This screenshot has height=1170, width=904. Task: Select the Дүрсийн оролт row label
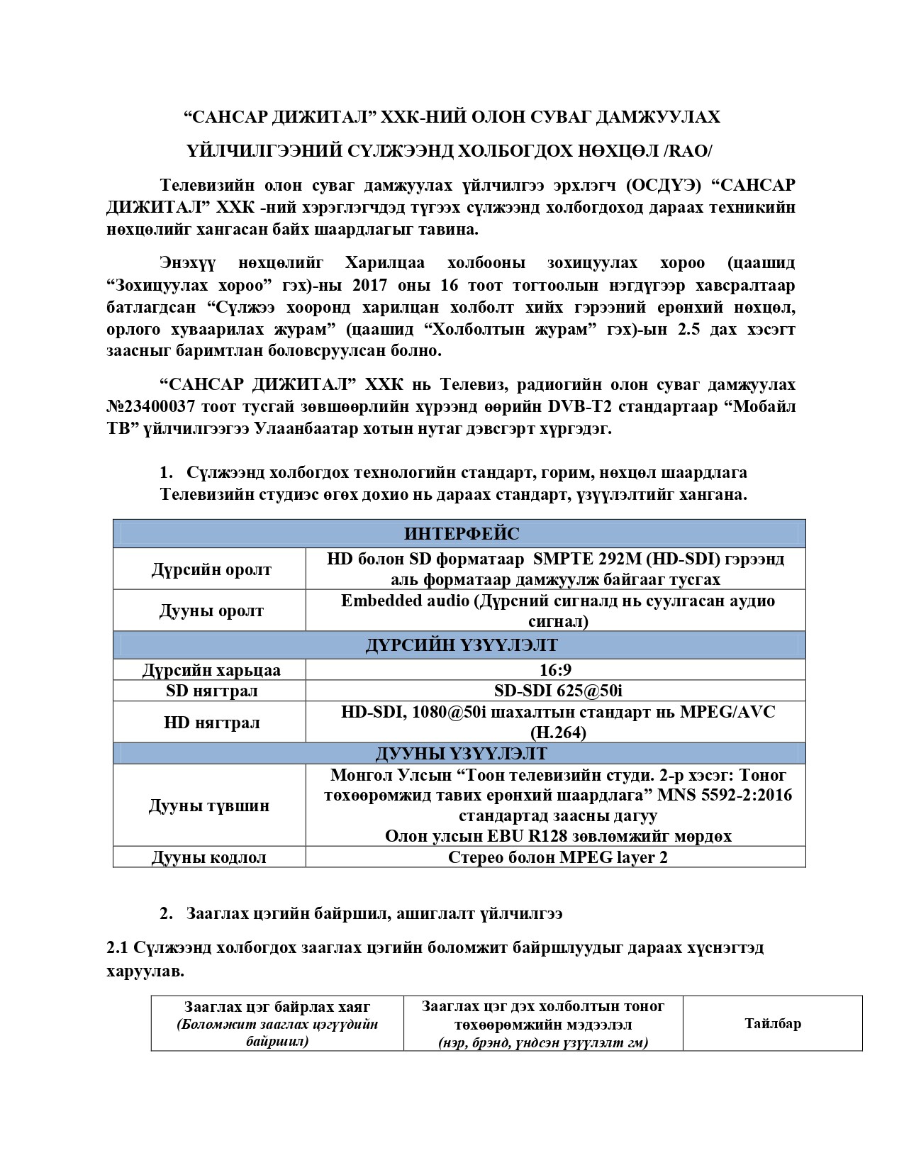(x=211, y=569)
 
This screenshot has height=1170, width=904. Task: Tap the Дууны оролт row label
(x=211, y=611)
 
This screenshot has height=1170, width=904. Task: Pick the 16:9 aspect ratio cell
(x=555, y=670)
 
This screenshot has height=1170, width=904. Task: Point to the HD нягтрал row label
(x=211, y=723)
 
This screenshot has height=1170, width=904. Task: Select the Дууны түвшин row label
(x=209, y=806)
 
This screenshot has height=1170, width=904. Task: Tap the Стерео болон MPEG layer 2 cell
(x=557, y=857)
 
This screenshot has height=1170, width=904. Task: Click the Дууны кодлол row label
(x=209, y=857)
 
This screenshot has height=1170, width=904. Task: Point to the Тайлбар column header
(x=773, y=1023)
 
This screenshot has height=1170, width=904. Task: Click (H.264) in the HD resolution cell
(x=558, y=732)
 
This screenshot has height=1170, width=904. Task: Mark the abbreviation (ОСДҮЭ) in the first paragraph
(x=664, y=185)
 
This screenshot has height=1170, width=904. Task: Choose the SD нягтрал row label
(x=211, y=691)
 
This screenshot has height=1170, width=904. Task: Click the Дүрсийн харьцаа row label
(x=211, y=670)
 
